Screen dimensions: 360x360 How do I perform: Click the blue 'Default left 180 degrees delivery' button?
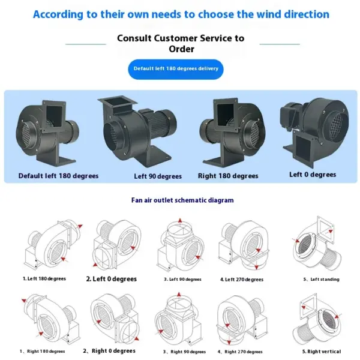(176, 70)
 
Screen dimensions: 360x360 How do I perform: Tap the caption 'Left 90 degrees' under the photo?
(158, 176)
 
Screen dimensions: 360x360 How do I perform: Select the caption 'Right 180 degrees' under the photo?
(228, 176)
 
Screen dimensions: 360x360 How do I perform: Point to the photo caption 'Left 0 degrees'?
(313, 175)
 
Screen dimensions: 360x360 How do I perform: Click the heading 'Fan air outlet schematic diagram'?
(182, 200)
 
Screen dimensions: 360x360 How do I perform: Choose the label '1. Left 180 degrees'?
(44, 279)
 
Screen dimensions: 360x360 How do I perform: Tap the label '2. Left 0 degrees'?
(112, 279)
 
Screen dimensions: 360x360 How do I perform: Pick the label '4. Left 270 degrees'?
(242, 280)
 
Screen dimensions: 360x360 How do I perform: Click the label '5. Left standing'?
(321, 279)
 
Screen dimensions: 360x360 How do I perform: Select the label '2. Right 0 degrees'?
(109, 351)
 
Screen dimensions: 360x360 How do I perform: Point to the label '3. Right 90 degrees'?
(184, 352)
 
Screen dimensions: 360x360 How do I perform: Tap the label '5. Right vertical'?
(322, 352)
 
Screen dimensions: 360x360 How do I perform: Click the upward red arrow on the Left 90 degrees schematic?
(180, 220)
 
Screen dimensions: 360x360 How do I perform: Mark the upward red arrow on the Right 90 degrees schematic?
(179, 295)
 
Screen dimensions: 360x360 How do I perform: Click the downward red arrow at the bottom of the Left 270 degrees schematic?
(257, 267)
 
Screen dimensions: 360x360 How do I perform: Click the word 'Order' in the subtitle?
(181, 49)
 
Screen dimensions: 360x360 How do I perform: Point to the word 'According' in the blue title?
(58, 14)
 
